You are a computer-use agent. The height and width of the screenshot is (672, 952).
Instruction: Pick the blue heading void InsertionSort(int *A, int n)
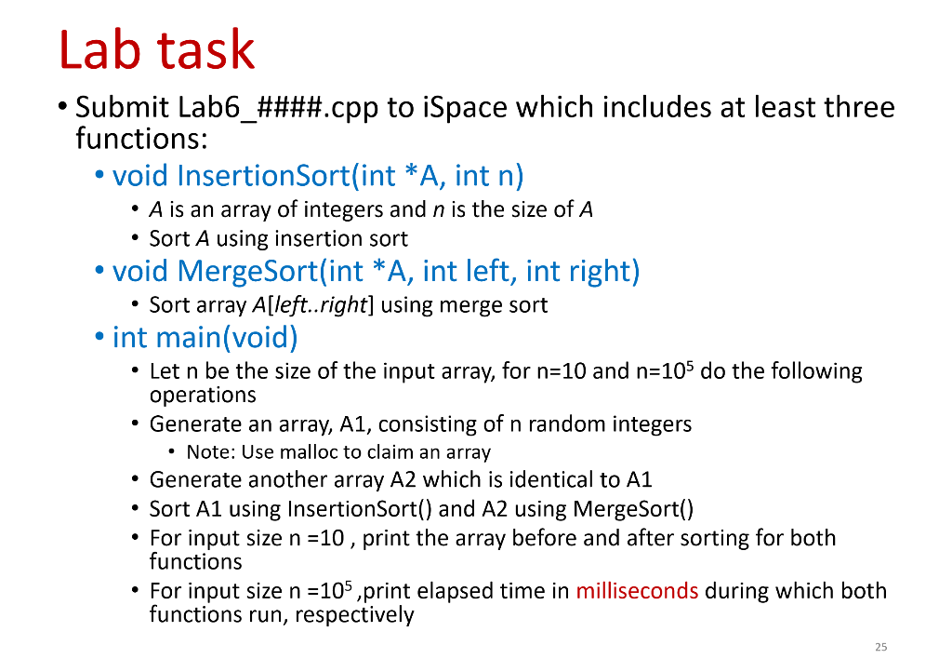click(x=318, y=175)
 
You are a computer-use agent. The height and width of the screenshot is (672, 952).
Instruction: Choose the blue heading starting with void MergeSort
click(x=376, y=271)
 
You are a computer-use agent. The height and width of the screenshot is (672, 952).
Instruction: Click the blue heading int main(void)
click(x=205, y=336)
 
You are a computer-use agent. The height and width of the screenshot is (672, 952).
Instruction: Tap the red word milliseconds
click(x=637, y=591)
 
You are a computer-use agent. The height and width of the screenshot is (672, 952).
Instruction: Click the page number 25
click(x=882, y=647)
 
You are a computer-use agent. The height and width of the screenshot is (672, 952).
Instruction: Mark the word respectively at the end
click(x=354, y=615)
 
